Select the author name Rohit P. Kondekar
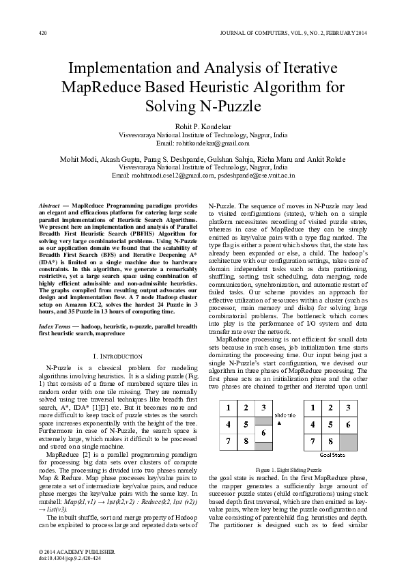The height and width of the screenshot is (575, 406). (203, 128)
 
